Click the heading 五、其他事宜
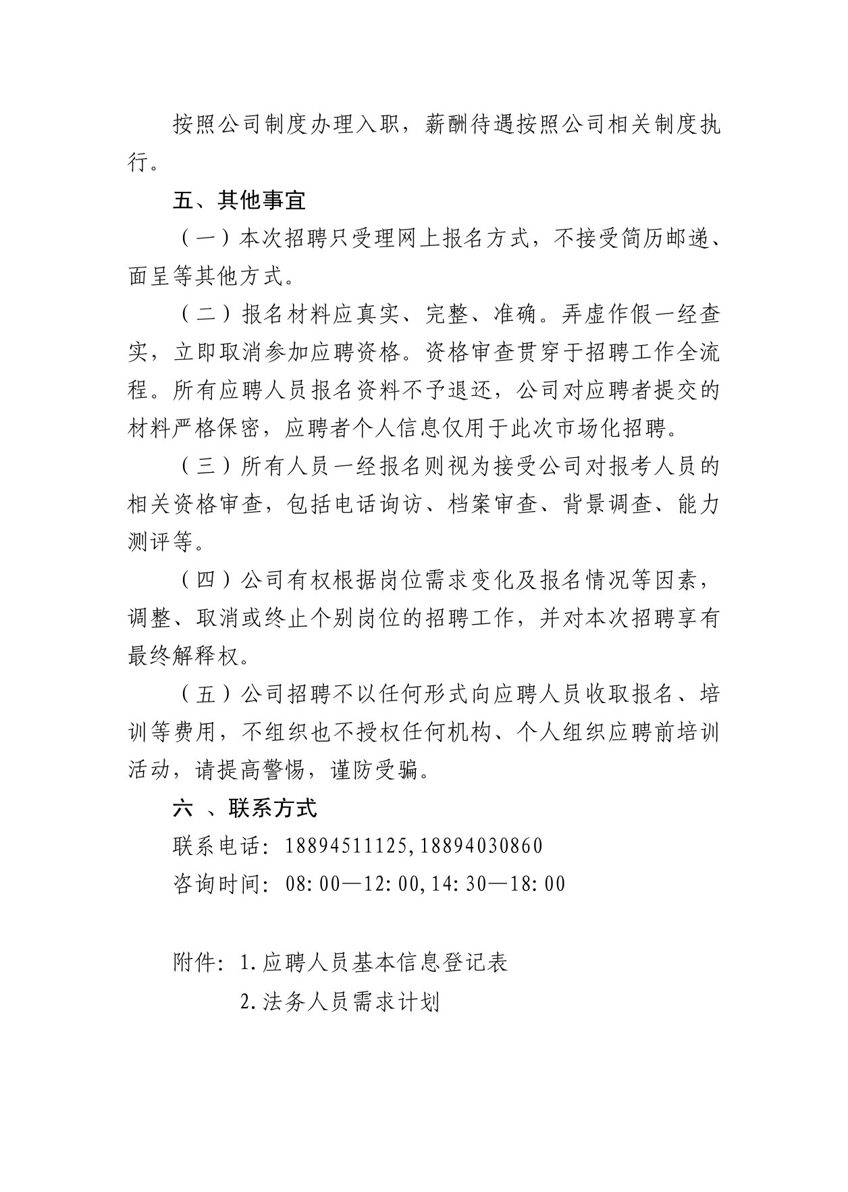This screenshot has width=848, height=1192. [239, 200]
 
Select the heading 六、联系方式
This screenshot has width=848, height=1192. [244, 808]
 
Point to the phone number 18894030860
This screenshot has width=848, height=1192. [481, 846]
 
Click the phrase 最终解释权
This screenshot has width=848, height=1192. [183, 656]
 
